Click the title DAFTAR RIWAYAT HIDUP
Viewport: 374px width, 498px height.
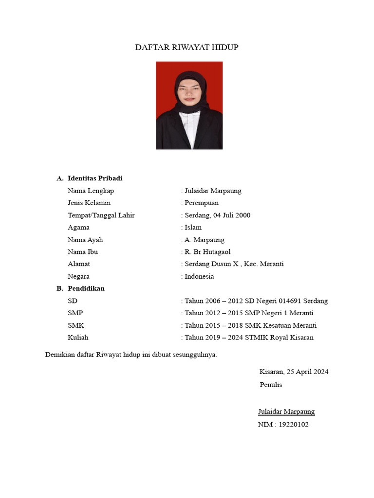[x=187, y=47]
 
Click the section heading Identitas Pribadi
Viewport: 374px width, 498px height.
[x=98, y=178]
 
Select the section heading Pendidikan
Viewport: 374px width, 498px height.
[x=86, y=288]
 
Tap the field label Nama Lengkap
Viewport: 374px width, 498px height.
[x=91, y=191]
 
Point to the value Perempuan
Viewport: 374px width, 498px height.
[x=201, y=203]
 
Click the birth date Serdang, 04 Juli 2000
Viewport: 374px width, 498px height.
[x=217, y=215]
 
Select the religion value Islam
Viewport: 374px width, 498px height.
[x=193, y=227]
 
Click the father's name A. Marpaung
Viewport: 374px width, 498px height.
[x=204, y=240]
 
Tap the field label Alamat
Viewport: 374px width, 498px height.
[x=79, y=264]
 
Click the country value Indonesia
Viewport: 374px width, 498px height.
[x=199, y=276]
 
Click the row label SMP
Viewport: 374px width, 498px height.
[x=75, y=313]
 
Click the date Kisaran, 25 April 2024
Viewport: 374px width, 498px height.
[x=294, y=372]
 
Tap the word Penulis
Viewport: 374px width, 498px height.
[x=271, y=385]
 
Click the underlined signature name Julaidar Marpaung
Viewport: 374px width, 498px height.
[x=286, y=412]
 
